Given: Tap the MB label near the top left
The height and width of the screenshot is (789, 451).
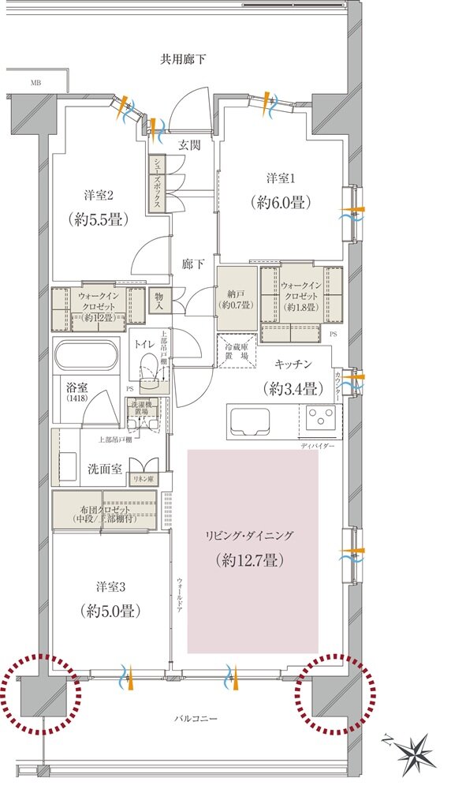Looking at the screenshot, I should tap(36, 83).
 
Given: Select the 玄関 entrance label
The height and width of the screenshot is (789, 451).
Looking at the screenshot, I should tap(189, 144).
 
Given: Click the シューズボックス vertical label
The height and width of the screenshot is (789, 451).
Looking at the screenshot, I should tap(158, 182).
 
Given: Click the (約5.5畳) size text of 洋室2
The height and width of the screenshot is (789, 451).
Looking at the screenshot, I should tap(98, 219).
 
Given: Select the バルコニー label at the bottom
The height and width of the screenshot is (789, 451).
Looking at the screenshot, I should tap(197, 719).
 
